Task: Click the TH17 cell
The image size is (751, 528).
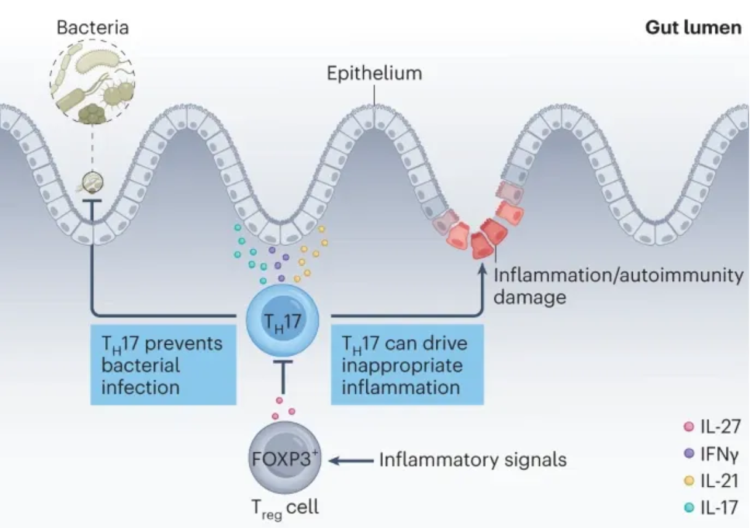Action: pos(283,320)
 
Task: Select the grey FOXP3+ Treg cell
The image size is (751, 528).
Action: pos(284,458)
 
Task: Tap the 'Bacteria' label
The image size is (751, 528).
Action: pos(92,28)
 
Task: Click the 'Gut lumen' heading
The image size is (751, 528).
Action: pos(693,28)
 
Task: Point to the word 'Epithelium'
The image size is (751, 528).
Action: pos(374,73)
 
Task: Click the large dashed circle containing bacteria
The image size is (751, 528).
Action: pos(92,81)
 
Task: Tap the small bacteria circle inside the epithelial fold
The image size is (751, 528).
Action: pos(92,182)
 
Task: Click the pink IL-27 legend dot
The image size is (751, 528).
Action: pos(689,426)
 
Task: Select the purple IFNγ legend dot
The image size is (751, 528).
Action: pos(689,454)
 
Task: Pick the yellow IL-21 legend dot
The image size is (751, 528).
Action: pos(689,481)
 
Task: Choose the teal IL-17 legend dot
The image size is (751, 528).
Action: pos(689,508)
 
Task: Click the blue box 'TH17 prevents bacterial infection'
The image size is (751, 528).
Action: pos(163,365)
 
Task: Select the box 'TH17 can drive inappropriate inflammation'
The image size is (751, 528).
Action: pos(408,365)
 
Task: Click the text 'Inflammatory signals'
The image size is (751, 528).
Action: pos(473,459)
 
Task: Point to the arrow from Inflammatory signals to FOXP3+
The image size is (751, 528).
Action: pos(351,461)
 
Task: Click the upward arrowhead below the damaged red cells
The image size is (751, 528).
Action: pos(482,268)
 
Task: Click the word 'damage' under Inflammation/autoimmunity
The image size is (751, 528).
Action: pos(530,297)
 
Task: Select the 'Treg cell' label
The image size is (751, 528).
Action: pos(285,509)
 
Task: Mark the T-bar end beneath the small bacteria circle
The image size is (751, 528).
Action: pos(92,201)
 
